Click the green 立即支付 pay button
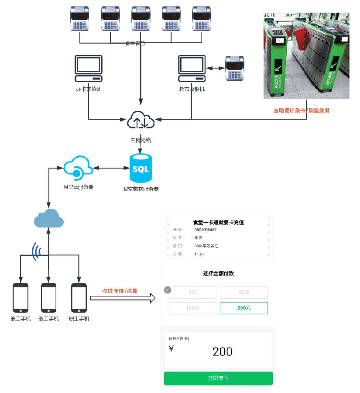[x=218, y=378]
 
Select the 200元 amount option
[x=244, y=308]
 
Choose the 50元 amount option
[x=244, y=292]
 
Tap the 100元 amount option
[x=192, y=308]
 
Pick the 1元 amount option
[x=192, y=292]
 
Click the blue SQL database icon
[x=141, y=168]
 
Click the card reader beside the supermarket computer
[x=236, y=69]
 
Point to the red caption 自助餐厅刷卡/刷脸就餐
[x=302, y=111]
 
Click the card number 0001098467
[x=206, y=230]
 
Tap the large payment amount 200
[x=222, y=352]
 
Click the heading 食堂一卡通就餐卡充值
[x=218, y=222]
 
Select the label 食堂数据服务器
[x=141, y=189]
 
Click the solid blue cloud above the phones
[x=49, y=218]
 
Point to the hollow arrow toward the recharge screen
[x=123, y=298]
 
